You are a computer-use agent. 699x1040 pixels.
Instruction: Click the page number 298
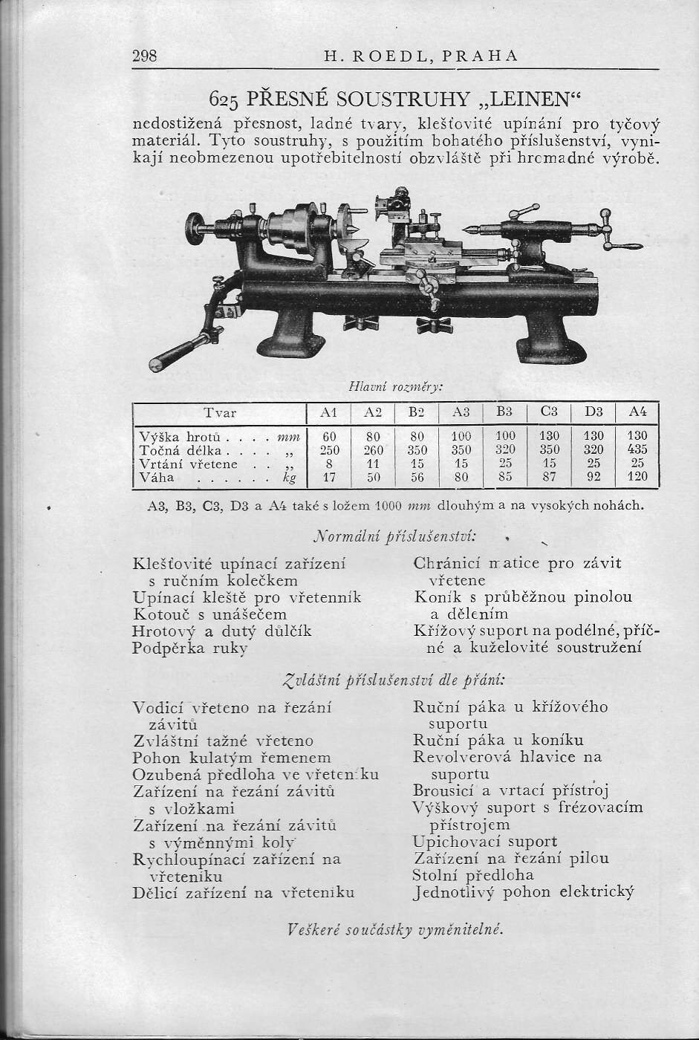pyautogui.click(x=144, y=56)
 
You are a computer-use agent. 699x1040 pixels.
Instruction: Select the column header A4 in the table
pyautogui.click(x=637, y=412)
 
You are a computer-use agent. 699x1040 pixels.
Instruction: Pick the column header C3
pyautogui.click(x=549, y=412)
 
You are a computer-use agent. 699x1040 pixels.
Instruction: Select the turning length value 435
pyautogui.click(x=637, y=450)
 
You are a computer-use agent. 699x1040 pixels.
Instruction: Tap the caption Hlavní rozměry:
pyautogui.click(x=395, y=387)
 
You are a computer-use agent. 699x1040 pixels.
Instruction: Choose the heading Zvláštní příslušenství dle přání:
pyautogui.click(x=395, y=679)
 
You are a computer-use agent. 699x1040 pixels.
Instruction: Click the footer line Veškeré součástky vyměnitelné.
pyautogui.click(x=394, y=929)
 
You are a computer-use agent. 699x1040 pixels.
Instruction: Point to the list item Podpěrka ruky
pyautogui.click(x=190, y=648)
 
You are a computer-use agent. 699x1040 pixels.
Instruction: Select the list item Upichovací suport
pyautogui.click(x=484, y=842)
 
